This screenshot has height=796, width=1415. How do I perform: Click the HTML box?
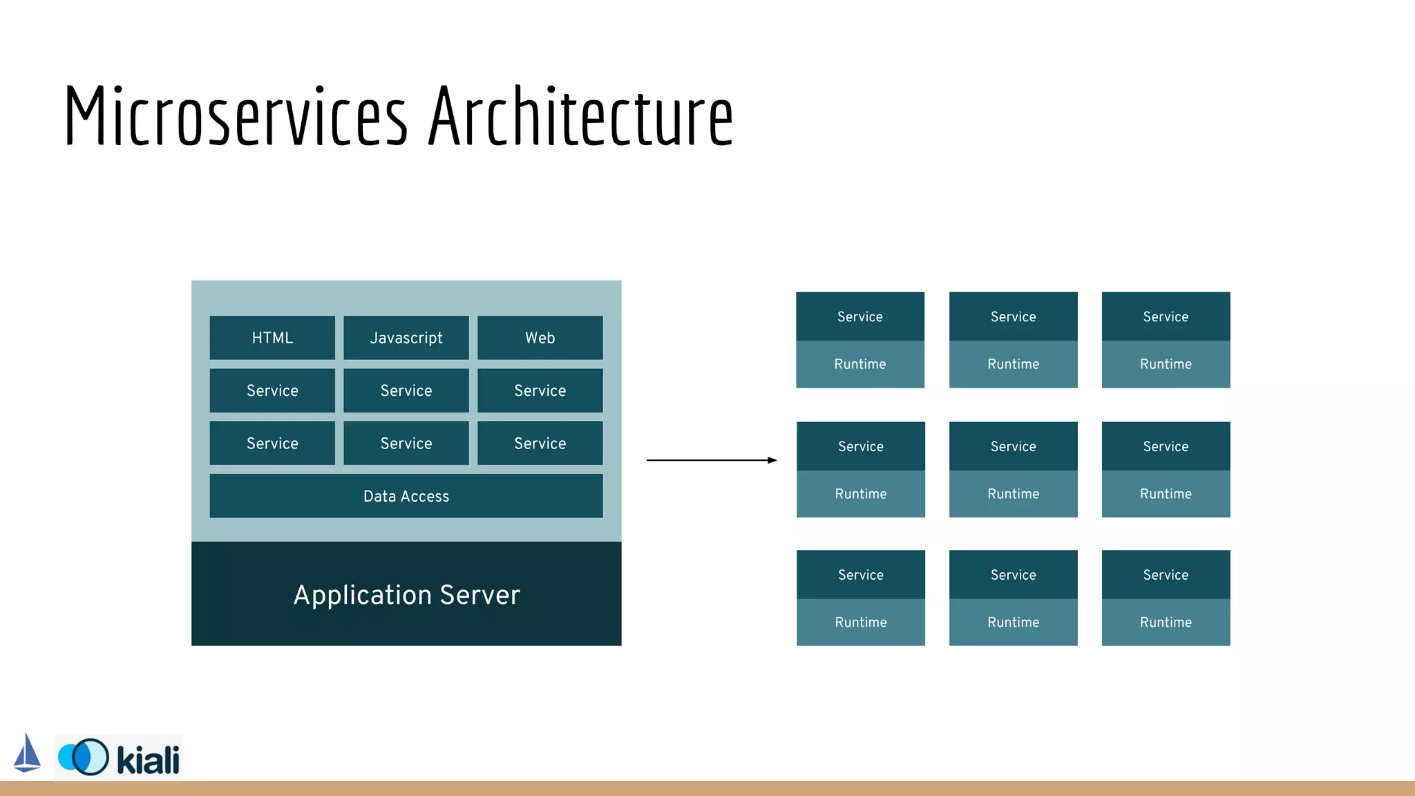pyautogui.click(x=272, y=338)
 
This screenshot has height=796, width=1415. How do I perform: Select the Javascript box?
pyautogui.click(x=406, y=338)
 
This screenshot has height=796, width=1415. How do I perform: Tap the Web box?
pyautogui.click(x=540, y=338)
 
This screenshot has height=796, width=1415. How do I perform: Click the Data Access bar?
pyautogui.click(x=406, y=496)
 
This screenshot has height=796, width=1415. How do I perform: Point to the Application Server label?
pyautogui.click(x=406, y=595)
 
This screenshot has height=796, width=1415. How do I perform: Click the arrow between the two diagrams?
pyautogui.click(x=712, y=460)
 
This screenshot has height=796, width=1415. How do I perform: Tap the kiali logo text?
pyautogui.click(x=148, y=760)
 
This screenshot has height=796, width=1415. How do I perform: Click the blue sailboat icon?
pyautogui.click(x=27, y=753)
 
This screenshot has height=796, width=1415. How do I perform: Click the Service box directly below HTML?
pyautogui.click(x=272, y=390)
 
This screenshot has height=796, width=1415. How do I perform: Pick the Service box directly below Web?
pyautogui.click(x=540, y=390)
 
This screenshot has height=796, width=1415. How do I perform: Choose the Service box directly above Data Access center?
pyautogui.click(x=406, y=444)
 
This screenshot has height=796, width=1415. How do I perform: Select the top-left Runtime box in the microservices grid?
pyautogui.click(x=860, y=364)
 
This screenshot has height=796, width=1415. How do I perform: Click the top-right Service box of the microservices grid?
pyautogui.click(x=1166, y=316)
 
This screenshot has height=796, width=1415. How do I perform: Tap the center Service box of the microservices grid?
pyautogui.click(x=1013, y=446)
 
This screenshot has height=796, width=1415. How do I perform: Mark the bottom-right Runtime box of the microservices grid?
pyautogui.click(x=1166, y=622)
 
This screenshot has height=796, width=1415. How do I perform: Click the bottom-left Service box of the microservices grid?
pyautogui.click(x=861, y=575)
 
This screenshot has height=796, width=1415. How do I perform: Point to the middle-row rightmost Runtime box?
pyautogui.click(x=1166, y=493)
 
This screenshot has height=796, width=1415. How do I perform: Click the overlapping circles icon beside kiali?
pyautogui.click(x=84, y=757)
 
